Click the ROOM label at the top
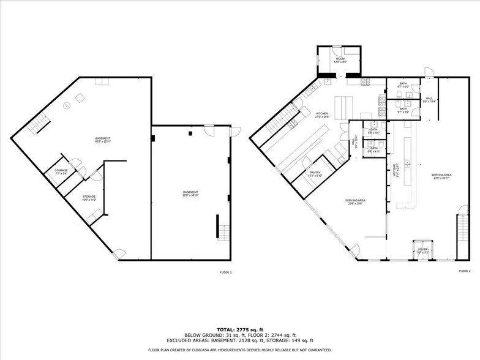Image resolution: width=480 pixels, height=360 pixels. [x=340, y=61]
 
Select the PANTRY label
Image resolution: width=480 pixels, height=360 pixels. [x=315, y=174]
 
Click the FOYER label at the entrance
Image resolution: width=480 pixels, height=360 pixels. [x=422, y=250]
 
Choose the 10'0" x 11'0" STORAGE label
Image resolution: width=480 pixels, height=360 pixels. [x=89, y=198]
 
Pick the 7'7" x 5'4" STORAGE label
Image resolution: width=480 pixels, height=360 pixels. [x=61, y=172]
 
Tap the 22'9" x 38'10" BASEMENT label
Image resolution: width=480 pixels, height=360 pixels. [x=190, y=194]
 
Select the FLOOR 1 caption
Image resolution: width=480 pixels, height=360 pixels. [x=226, y=271]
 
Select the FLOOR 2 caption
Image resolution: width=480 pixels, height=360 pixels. [x=465, y=271]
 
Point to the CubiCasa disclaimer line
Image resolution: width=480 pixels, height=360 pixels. [x=239, y=350]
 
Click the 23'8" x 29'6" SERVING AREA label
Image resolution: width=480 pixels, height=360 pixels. [x=355, y=202]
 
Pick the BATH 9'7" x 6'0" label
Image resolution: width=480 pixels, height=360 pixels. [x=403, y=85]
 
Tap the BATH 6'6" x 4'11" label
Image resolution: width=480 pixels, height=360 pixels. [x=373, y=149]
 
